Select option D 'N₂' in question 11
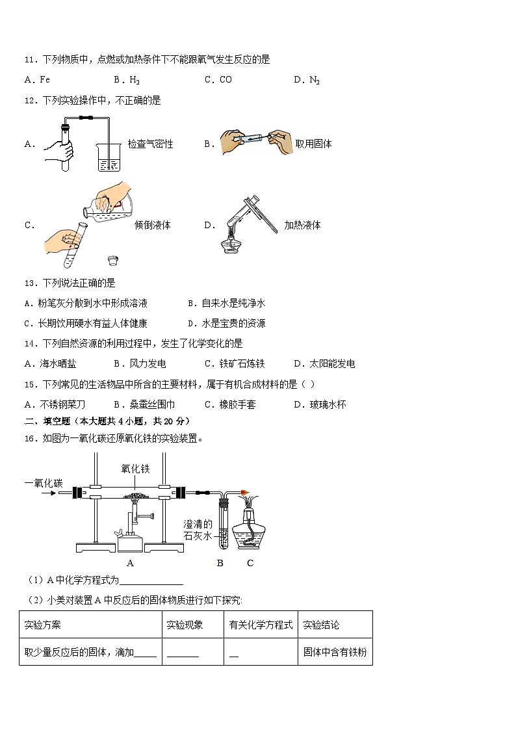(x=307, y=80)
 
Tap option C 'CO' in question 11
(x=218, y=80)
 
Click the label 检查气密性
(x=151, y=144)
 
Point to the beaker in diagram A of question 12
(x=109, y=157)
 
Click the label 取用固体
(x=313, y=144)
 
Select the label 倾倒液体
(x=153, y=226)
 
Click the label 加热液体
(x=302, y=226)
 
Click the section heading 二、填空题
(x=51, y=421)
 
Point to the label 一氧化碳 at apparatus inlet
(x=44, y=482)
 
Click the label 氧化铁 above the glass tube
(x=135, y=469)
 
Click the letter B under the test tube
(x=220, y=563)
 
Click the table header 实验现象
(x=185, y=625)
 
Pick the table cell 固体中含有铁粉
(x=335, y=652)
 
